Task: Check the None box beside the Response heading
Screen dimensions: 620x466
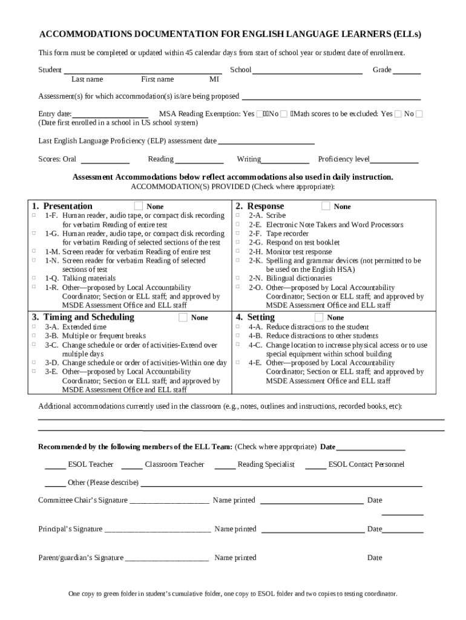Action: pos(326,206)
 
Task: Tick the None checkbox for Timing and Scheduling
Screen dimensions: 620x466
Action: pos(183,317)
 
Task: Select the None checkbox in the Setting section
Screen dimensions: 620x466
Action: pos(319,317)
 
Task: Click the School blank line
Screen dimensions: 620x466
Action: pos(307,71)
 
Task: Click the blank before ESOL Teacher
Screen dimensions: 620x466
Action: pos(55,466)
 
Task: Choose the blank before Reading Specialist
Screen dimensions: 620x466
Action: pos(225,466)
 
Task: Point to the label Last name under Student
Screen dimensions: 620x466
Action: pos(87,79)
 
